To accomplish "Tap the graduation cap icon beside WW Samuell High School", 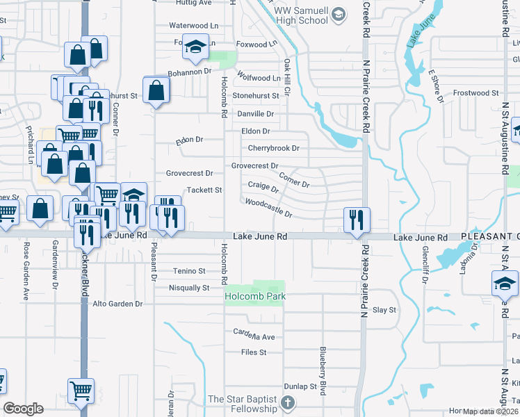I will coord(338,14).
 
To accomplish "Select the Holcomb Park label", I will coord(255,297).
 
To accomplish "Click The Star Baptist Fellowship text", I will coord(243,404).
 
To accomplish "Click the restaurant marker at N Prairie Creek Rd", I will coord(357,219).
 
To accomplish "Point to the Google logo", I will coord(23,409).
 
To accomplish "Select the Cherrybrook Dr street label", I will coord(274,148).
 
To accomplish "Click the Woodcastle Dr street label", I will coord(268,208).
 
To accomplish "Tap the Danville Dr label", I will coord(256,113).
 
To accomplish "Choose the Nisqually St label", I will coord(189,287).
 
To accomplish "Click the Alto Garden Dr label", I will coord(117,304).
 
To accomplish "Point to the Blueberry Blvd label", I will coord(323,371).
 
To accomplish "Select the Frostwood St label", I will coord(476,92).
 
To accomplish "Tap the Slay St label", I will coord(384,309).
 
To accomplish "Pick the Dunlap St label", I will coord(300,386).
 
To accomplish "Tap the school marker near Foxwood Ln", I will coord(195,47).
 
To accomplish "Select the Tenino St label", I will coord(189,270).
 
